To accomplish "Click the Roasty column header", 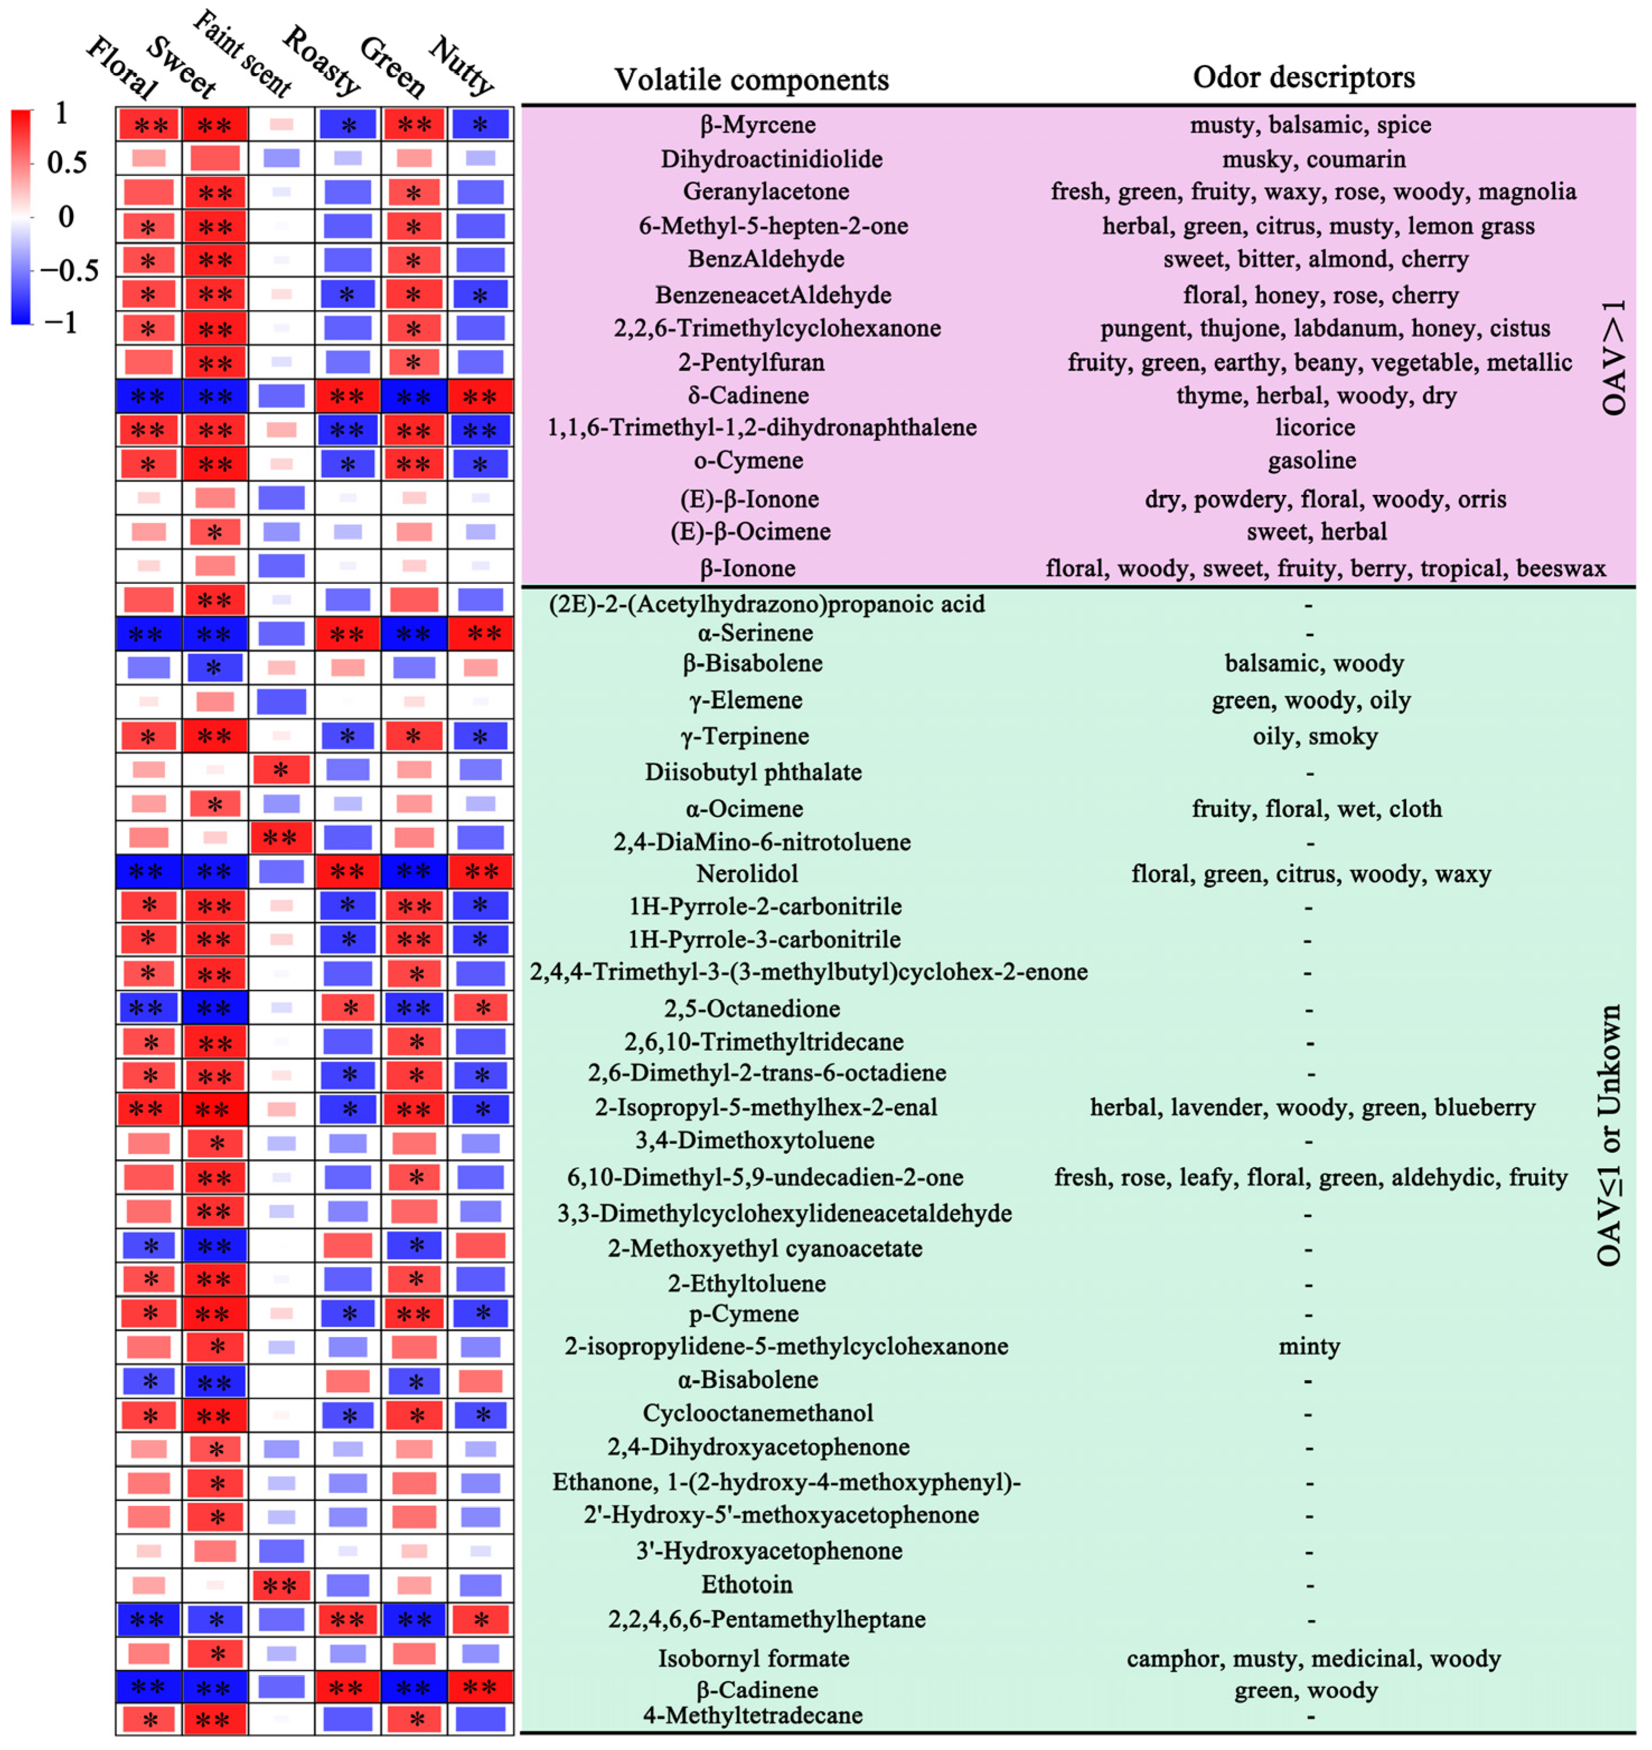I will (321, 61).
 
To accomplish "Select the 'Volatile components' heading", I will (751, 79).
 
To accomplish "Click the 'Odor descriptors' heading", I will (1303, 77).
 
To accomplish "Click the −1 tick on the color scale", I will (60, 322).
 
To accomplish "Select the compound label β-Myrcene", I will (757, 125).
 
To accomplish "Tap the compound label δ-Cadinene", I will (748, 395).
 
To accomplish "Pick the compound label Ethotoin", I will (747, 1584).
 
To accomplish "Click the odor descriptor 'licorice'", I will (1315, 427).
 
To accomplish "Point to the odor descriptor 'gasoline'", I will (1311, 461).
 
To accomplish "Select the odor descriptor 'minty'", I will (1309, 1346).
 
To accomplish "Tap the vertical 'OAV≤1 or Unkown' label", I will (1609, 1136).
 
